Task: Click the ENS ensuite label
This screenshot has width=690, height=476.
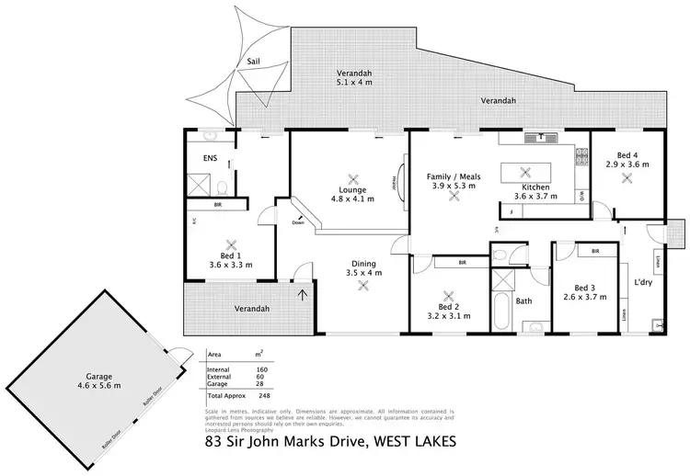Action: coord(209,158)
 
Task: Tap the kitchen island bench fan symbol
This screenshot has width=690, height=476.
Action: coord(526,170)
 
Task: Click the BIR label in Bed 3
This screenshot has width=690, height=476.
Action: coord(595,250)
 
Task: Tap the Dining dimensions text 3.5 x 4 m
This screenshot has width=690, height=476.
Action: coord(358,273)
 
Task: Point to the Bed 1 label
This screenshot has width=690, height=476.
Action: coord(230,255)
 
